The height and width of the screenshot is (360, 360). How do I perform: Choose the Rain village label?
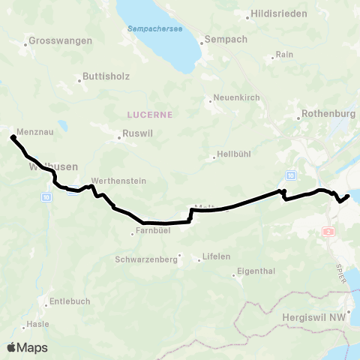click(284, 55)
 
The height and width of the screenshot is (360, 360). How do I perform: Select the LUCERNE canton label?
click(148, 115)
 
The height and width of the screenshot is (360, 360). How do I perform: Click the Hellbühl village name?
click(232, 154)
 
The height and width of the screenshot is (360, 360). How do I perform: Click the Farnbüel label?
click(151, 230)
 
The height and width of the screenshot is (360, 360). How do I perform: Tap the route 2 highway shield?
click(328, 232)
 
